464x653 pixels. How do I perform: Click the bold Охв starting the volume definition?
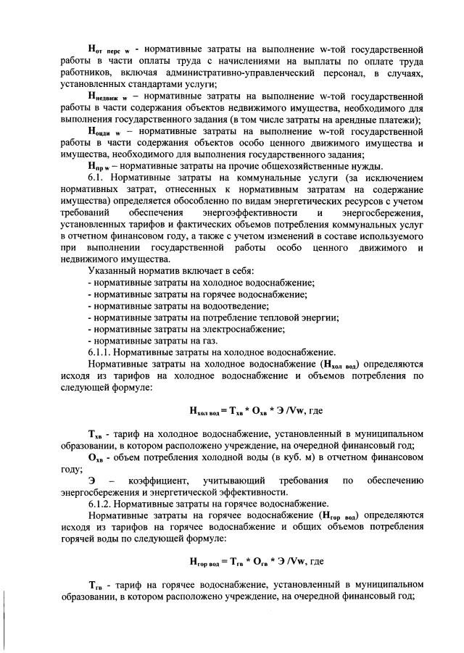coord(95,457)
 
